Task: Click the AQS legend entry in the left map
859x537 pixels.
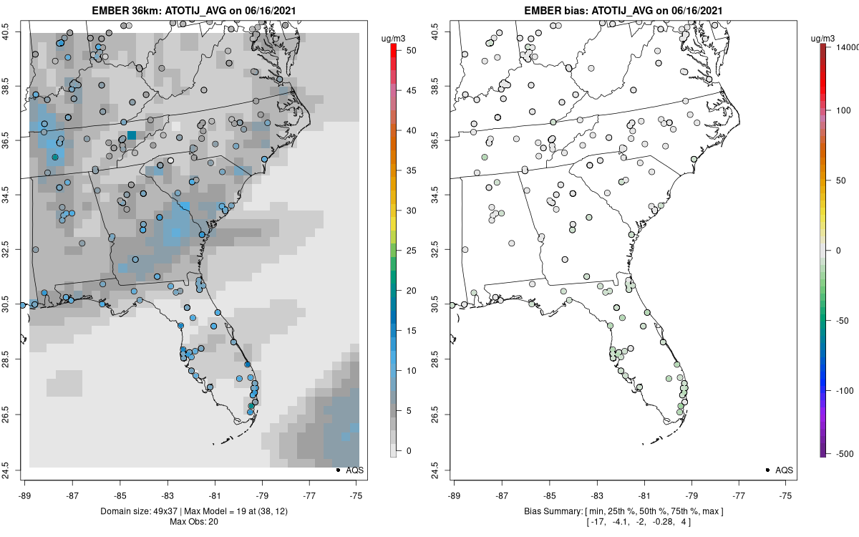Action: (x=351, y=470)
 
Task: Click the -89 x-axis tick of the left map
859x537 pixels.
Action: (x=25, y=494)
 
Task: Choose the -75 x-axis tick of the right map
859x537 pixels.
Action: (x=787, y=494)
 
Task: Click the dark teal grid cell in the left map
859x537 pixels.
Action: (x=132, y=135)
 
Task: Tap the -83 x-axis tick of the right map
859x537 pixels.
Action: (x=597, y=494)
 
